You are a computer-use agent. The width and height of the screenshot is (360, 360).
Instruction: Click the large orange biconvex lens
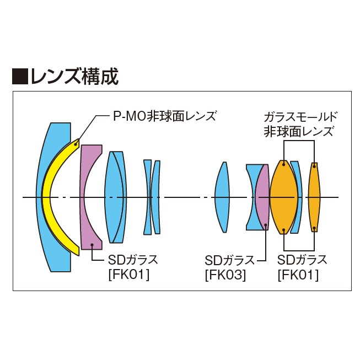pyautogui.click(x=283, y=197)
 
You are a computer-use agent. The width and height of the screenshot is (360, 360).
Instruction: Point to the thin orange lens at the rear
pyautogui.click(x=314, y=197)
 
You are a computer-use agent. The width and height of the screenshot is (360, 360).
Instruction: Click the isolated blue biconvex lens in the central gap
pyautogui.click(x=222, y=197)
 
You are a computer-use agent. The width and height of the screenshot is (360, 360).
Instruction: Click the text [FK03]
pyautogui.click(x=225, y=274)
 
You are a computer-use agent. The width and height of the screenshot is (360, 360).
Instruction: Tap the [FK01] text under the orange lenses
pyautogui.click(x=298, y=274)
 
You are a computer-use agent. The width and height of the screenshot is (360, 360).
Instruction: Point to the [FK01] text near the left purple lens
pyautogui.click(x=129, y=274)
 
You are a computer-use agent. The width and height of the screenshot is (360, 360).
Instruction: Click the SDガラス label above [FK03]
pyautogui.click(x=229, y=260)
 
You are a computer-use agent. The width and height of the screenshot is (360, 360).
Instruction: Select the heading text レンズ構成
pyautogui.click(x=74, y=77)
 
